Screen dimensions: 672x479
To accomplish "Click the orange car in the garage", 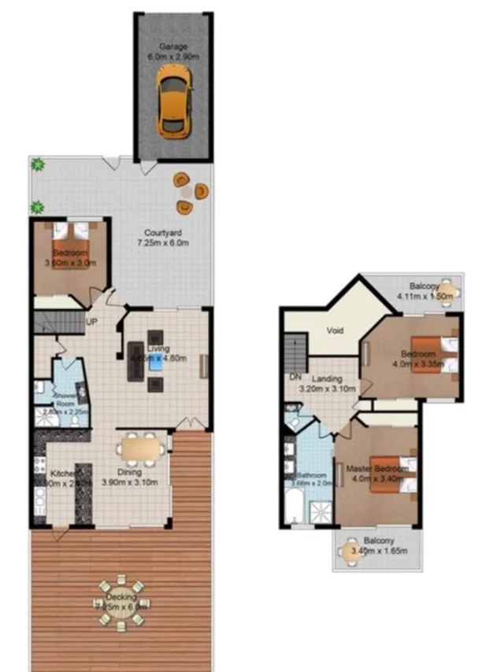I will pyautogui.click(x=173, y=98).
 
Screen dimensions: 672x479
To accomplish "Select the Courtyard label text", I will pyautogui.click(x=163, y=232).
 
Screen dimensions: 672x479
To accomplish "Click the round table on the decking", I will pyautogui.click(x=122, y=604).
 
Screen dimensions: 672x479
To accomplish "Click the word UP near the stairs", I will pyautogui.click(x=91, y=323).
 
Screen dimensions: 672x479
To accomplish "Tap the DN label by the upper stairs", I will pyautogui.click(x=295, y=377).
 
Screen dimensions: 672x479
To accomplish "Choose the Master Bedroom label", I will pyautogui.click(x=378, y=470).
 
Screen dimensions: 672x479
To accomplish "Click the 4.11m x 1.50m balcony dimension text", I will pyautogui.click(x=426, y=297).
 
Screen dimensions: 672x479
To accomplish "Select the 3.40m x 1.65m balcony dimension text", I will pyautogui.click(x=379, y=552).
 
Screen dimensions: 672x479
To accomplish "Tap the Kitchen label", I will pyautogui.click(x=63, y=474).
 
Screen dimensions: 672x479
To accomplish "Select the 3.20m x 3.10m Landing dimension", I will pyautogui.click(x=329, y=389).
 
